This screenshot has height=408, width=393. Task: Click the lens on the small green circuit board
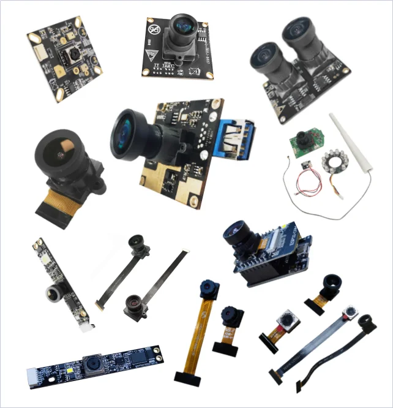click(302, 136)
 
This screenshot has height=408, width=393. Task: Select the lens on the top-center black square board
click(182, 26)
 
